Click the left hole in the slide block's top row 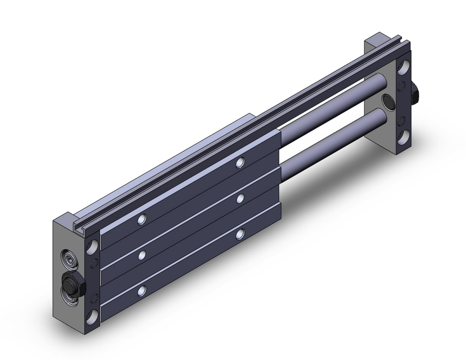pos(142,219)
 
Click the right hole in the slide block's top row pos(240,162)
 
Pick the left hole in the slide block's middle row pos(142,255)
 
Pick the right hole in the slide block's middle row pos(240,198)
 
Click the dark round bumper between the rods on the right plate pos(387,100)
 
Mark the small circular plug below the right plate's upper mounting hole pos(401,85)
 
